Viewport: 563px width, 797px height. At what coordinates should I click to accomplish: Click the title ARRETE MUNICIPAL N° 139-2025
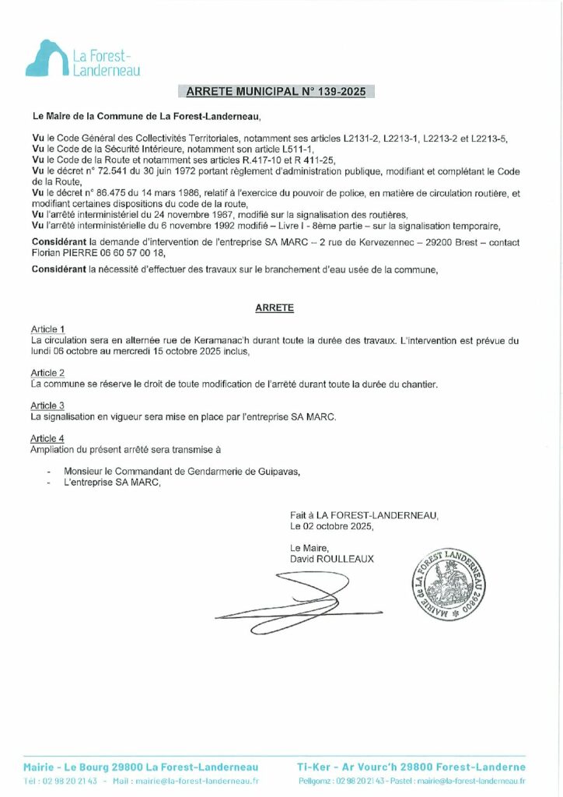coord(276,92)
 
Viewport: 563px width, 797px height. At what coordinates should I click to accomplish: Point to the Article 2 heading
coord(47,374)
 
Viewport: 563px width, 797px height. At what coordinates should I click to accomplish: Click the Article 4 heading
coord(47,439)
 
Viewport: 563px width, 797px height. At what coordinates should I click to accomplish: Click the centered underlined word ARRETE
coord(275,308)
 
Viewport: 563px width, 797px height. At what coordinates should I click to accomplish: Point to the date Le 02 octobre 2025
coord(331,526)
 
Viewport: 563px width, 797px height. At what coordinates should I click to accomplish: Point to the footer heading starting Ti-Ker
coord(412,767)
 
